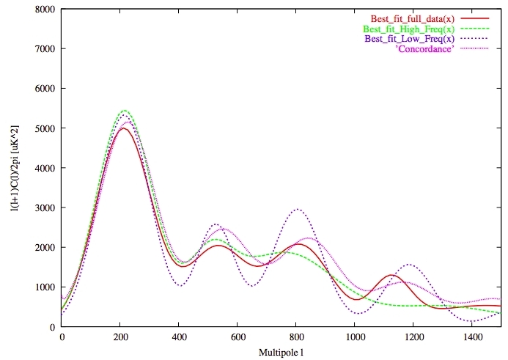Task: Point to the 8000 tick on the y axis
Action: pyautogui.click(x=44, y=10)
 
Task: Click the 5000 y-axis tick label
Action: pyautogui.click(x=44, y=128)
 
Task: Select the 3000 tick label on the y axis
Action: pyautogui.click(x=44, y=207)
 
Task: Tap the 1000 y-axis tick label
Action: pyautogui.click(x=44, y=287)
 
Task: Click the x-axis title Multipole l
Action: pyautogui.click(x=281, y=353)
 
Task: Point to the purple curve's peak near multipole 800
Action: pyautogui.click(x=298, y=209)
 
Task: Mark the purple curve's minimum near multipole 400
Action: pyautogui.click(x=180, y=285)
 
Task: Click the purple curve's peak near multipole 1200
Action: pyautogui.click(x=409, y=265)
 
